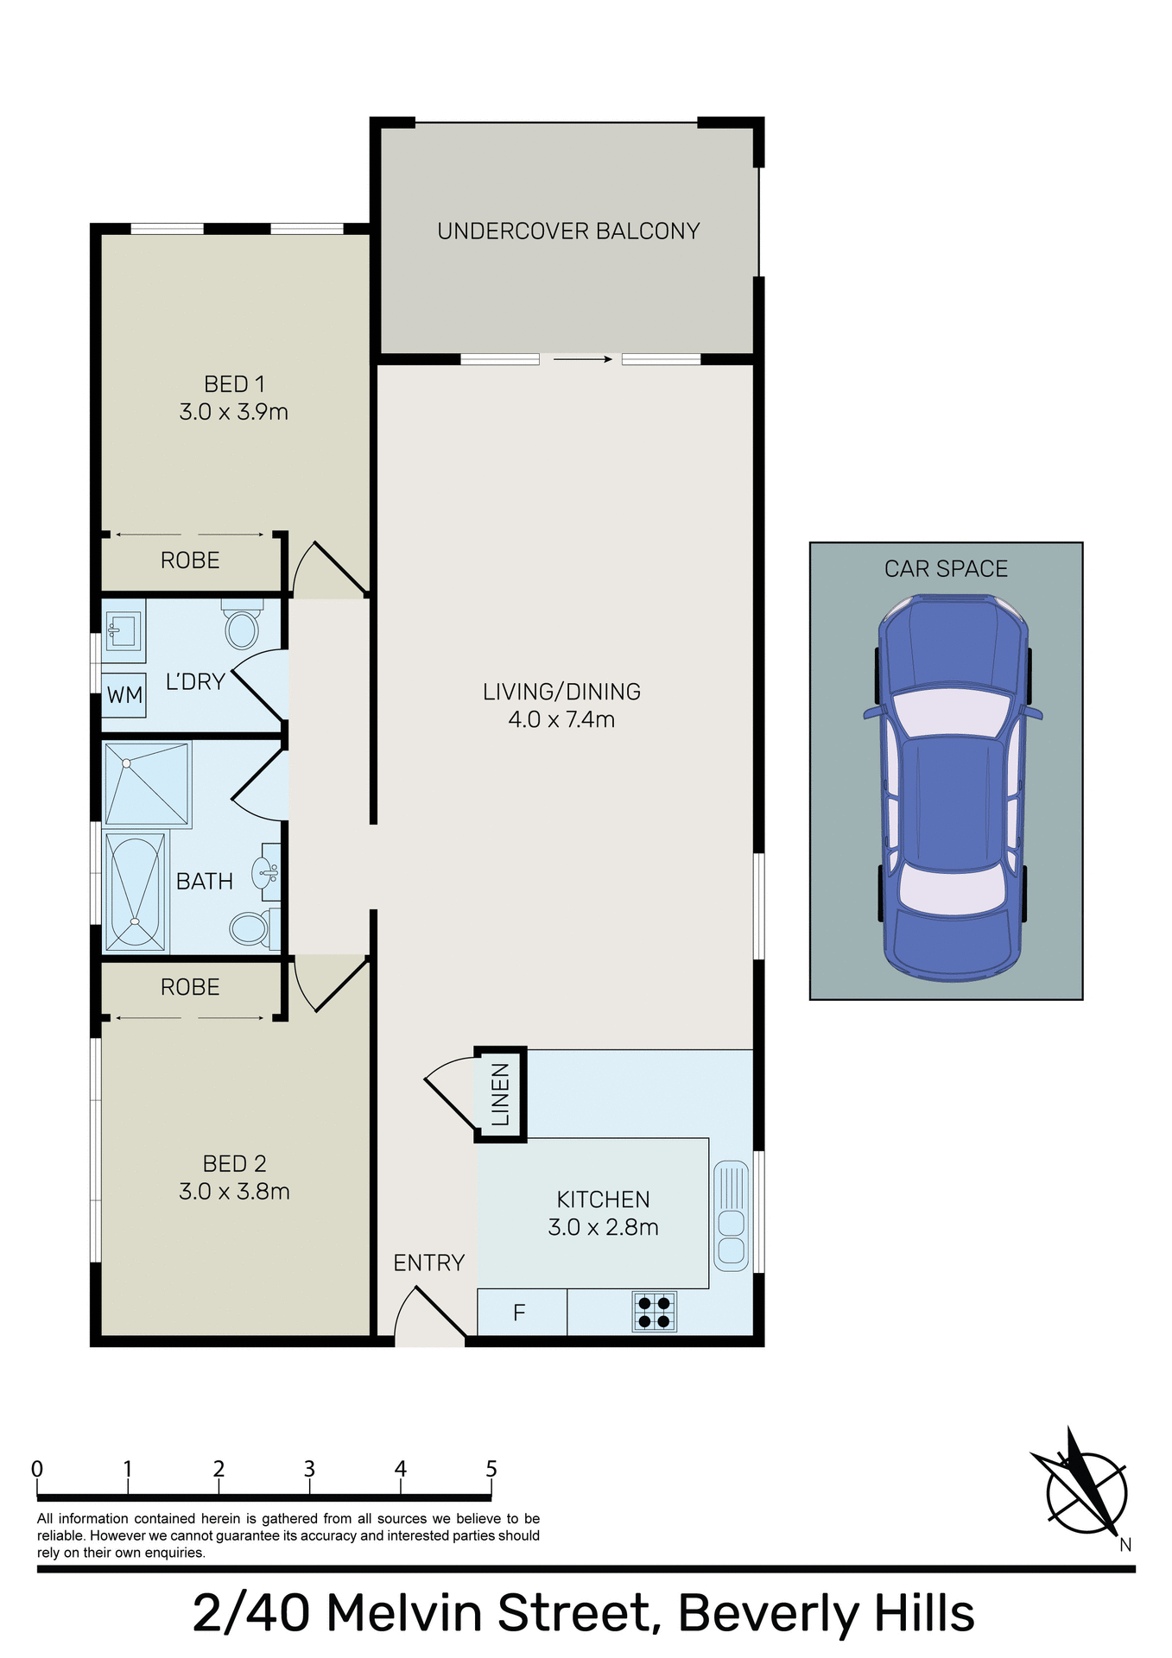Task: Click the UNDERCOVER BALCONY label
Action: click(x=568, y=231)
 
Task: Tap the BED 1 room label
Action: click(x=234, y=384)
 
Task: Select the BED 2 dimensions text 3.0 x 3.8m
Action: click(x=234, y=1192)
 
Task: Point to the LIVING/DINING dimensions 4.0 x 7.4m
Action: click(x=561, y=719)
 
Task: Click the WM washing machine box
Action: click(x=124, y=695)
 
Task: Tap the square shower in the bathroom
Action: click(x=147, y=783)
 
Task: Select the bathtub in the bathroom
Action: click(x=135, y=892)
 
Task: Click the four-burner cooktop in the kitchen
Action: click(x=654, y=1313)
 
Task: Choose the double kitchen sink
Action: click(x=732, y=1216)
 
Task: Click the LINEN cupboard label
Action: click(x=501, y=1094)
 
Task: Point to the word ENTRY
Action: click(x=429, y=1263)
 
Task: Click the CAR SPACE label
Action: click(x=946, y=569)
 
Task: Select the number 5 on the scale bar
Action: click(x=491, y=1469)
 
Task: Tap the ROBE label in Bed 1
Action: click(x=190, y=560)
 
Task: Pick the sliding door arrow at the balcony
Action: click(x=582, y=359)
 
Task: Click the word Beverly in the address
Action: click(x=767, y=1613)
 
